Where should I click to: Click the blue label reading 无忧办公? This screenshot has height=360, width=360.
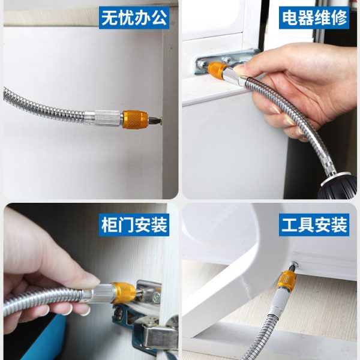[134, 17]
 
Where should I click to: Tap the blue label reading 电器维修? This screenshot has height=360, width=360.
[314, 17]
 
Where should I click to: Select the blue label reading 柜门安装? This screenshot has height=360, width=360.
[134, 225]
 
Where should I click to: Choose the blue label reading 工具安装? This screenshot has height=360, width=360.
[314, 225]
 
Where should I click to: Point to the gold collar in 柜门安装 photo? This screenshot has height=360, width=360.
[124, 293]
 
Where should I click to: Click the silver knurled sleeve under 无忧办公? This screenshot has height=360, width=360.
[107, 118]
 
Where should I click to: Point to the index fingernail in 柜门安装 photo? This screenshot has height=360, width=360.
[94, 280]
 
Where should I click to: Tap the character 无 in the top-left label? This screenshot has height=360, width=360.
[109, 18]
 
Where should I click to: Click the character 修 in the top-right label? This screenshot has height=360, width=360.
[339, 18]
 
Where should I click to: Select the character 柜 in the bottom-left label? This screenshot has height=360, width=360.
[109, 225]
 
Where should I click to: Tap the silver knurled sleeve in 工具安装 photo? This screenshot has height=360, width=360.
[280, 300]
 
